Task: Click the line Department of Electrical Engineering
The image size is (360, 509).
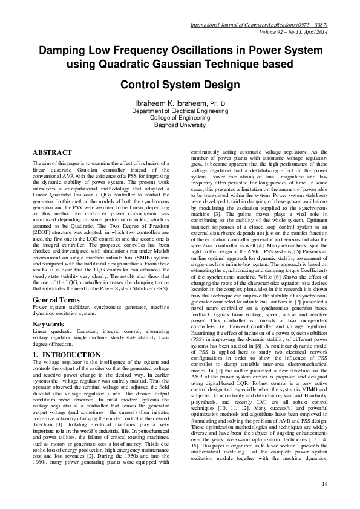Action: point(180,111)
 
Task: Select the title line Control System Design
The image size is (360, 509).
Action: point(180,85)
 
